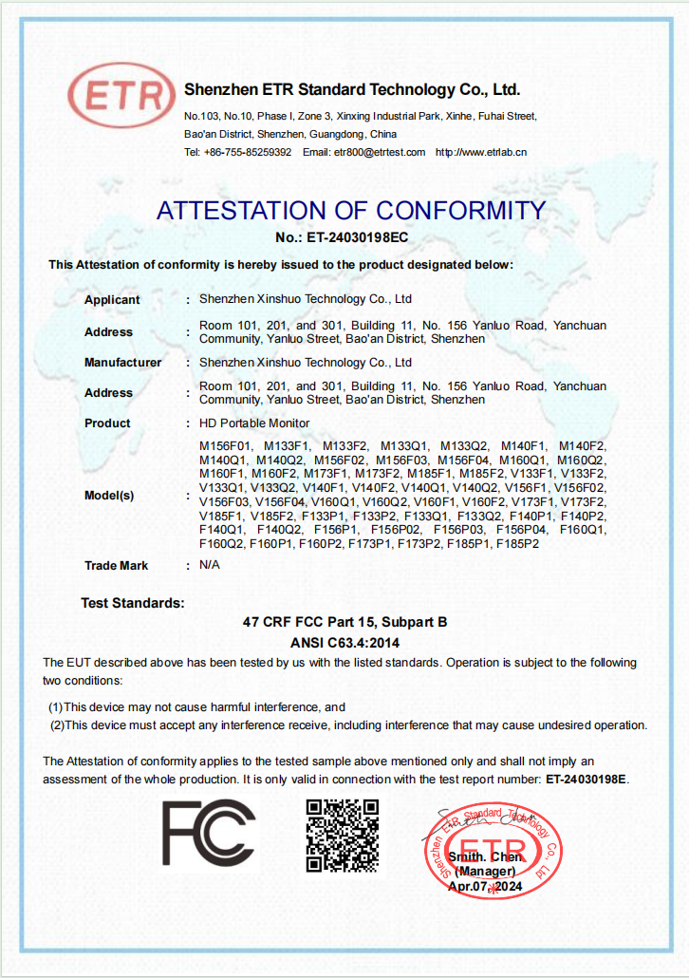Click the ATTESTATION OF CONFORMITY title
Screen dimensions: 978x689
pos(351,210)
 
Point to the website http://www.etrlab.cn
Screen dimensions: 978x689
pos(481,152)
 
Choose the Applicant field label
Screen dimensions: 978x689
pos(112,300)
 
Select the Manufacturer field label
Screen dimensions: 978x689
pos(122,363)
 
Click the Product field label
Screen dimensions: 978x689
pos(107,423)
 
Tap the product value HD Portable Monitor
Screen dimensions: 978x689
pos(254,423)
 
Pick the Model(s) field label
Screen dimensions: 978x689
pos(109,495)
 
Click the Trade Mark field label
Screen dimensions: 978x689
pos(116,566)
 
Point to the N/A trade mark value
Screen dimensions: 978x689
pos(209,565)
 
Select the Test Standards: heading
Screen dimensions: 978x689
pos(133,603)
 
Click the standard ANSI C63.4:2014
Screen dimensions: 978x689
pos(344,642)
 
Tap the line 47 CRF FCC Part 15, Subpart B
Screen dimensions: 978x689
pos(344,623)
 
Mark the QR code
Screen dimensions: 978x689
pos(343,836)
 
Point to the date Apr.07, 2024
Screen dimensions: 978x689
pos(485,886)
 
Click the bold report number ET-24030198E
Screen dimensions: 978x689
pos(586,780)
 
